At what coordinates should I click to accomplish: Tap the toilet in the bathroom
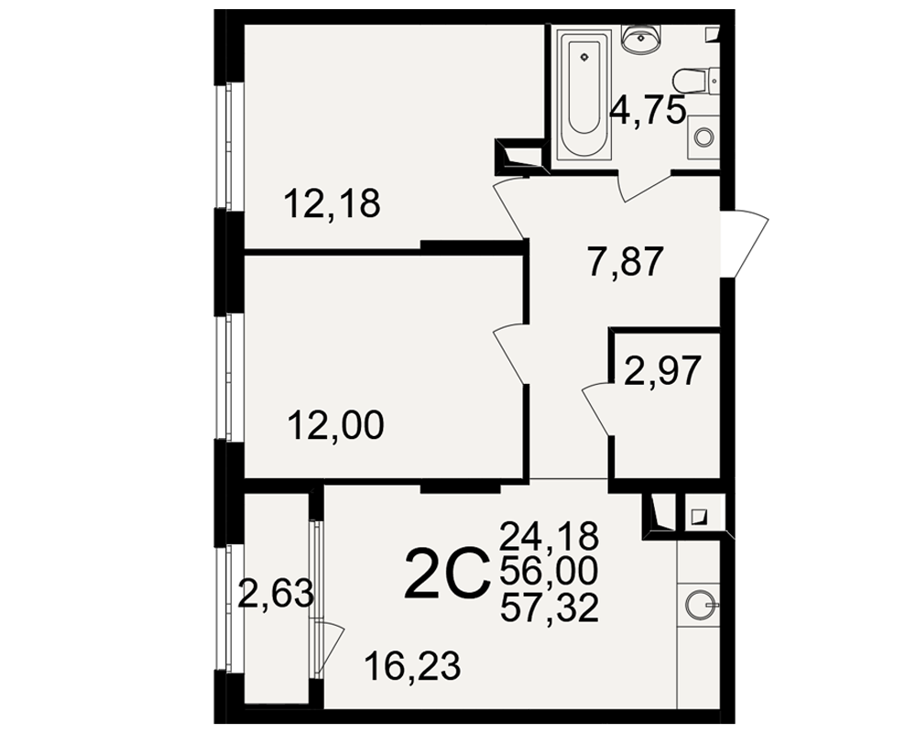coord(696,80)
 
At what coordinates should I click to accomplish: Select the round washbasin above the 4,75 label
coord(642,39)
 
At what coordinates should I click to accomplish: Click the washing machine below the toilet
coord(703,137)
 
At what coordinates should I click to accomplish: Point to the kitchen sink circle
coord(698,603)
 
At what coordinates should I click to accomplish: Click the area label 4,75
coord(647,111)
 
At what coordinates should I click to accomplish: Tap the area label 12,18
coord(332,204)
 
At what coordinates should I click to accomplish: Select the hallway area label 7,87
coord(626,262)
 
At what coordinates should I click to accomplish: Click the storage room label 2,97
coord(662,371)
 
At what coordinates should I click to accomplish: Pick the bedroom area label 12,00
coord(336,425)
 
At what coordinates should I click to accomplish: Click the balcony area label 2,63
coord(277,595)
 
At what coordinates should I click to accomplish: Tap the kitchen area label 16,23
coord(412,666)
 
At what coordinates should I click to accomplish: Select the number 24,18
coord(549,535)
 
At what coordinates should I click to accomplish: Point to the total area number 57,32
coord(549,608)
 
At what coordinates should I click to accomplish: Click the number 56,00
coord(549,572)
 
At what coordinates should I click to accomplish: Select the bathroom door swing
coord(644,187)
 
